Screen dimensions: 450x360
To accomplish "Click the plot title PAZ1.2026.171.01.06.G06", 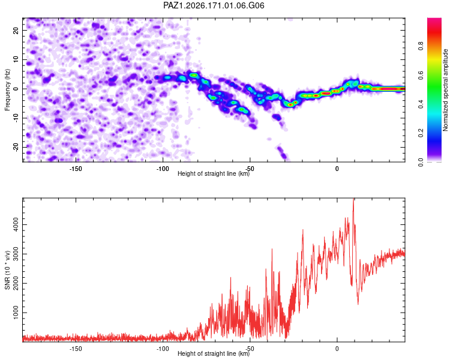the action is coord(214,5).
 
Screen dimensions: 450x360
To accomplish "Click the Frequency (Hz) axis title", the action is coord(7,90).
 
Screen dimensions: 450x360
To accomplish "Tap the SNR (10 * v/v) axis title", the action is coord(7,270).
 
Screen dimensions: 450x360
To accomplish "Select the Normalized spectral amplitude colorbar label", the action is coord(445,89).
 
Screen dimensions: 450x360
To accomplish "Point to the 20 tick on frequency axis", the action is coord(16,30).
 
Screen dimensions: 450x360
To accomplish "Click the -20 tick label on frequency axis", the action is coord(16,148).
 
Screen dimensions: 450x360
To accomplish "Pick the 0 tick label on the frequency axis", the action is coord(16,89).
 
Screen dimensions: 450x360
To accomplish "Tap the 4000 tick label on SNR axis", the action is coord(16,224).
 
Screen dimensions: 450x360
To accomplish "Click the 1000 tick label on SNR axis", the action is coord(16,313).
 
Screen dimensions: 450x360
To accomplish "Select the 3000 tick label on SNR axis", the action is coord(16,254).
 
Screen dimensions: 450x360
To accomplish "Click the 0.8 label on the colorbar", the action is coord(421,46).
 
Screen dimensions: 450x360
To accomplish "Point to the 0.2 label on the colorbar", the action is coord(421,133).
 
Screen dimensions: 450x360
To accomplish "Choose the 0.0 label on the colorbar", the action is coord(421,162).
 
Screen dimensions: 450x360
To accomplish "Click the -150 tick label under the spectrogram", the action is coord(76,169).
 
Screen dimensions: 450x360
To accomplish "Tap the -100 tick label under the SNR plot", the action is coord(163,349).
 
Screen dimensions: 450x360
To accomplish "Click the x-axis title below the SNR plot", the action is coord(214,353).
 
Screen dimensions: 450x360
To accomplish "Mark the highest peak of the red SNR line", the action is coord(353,199).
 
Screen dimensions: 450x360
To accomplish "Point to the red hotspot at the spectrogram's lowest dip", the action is coord(290,104).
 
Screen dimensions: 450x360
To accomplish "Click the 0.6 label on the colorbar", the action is coord(421,75).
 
